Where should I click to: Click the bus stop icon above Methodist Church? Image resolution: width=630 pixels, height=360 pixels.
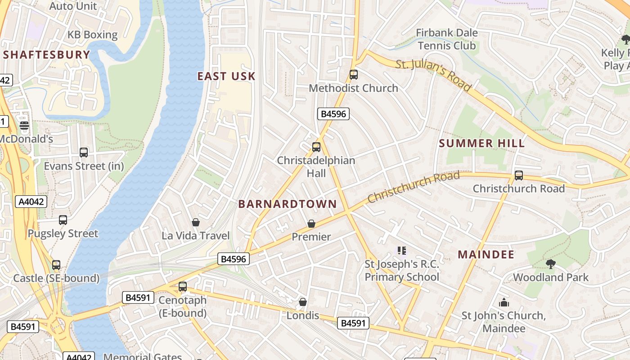(x=354, y=75)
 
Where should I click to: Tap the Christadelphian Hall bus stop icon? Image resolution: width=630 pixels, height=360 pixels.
(x=316, y=147)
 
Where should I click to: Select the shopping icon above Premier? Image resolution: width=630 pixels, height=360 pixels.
(x=311, y=223)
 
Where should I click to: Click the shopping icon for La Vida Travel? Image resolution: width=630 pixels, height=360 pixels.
(x=196, y=222)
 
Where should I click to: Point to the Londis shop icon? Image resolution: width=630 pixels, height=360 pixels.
(x=303, y=302)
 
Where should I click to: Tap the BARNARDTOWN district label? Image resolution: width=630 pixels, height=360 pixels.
(x=287, y=204)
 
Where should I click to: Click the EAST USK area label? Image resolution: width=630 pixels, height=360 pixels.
(x=226, y=76)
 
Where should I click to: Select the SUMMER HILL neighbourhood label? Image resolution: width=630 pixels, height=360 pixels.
(x=481, y=144)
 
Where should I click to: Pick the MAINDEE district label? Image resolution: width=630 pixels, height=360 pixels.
(x=486, y=254)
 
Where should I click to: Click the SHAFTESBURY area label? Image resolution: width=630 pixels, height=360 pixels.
(x=47, y=55)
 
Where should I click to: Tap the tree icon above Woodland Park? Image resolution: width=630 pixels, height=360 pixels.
(x=550, y=264)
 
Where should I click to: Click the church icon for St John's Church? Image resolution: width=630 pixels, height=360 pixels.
(x=504, y=302)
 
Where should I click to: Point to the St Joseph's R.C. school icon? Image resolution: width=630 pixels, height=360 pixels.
(x=402, y=250)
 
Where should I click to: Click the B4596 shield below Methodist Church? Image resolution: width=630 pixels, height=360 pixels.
(x=333, y=114)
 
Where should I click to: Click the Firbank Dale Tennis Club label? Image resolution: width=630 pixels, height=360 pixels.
(x=446, y=39)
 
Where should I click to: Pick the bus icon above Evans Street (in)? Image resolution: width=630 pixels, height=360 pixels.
(x=84, y=153)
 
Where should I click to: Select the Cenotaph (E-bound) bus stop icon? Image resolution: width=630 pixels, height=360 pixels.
(x=183, y=286)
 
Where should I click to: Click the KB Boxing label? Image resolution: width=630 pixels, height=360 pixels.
(x=92, y=35)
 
